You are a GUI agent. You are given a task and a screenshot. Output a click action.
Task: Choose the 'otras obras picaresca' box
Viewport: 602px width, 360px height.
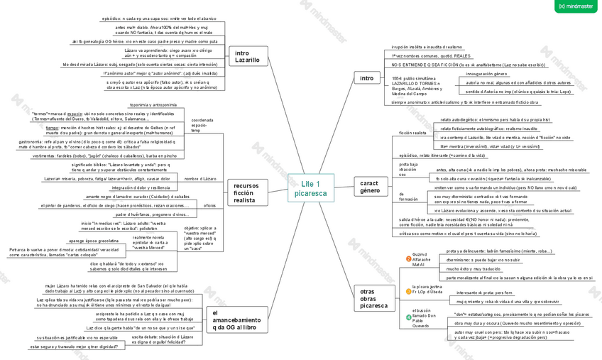pos(373,298)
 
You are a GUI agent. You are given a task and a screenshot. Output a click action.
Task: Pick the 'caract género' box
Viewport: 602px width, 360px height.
pos(369,187)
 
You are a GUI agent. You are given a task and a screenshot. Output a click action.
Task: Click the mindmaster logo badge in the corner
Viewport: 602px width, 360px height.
pos(576,6)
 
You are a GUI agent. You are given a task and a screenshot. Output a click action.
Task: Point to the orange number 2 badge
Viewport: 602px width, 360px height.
pos(407,259)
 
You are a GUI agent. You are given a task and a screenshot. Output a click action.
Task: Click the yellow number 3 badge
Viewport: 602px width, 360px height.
pos(407,288)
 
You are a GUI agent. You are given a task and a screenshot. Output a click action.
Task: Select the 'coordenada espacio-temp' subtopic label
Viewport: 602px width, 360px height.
pos(202,125)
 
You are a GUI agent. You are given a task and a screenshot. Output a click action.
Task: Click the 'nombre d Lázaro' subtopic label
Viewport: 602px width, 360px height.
pos(200,178)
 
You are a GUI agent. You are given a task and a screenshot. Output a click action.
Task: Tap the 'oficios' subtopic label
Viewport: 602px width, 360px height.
pos(209,204)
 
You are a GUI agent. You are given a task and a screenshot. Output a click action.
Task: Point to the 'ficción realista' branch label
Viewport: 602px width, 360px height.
pos(412,133)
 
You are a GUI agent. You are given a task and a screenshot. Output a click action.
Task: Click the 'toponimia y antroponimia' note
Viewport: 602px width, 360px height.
pos(148,104)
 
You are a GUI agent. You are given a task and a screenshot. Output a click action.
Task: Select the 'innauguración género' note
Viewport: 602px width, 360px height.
pos(486,73)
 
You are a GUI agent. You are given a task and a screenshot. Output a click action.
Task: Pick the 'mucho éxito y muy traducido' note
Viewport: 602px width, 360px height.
pos(474,269)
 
